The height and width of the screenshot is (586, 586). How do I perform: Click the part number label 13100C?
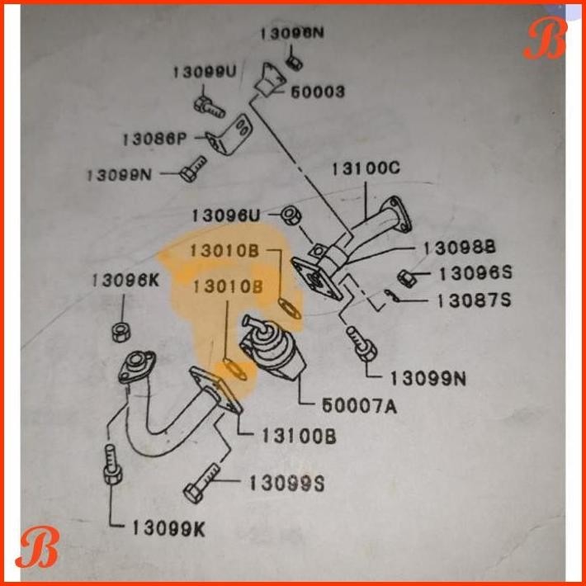[366, 168]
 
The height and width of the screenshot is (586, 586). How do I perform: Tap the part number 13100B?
[299, 437]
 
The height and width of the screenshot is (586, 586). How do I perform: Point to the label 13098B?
[460, 248]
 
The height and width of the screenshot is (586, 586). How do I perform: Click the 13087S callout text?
[474, 300]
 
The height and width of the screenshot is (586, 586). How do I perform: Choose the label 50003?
[317, 92]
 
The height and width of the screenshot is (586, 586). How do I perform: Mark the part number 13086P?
[154, 139]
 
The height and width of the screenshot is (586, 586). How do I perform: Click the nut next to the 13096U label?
[290, 216]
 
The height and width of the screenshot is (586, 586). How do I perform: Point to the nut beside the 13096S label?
[407, 277]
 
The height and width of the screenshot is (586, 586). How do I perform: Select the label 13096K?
[125, 281]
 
